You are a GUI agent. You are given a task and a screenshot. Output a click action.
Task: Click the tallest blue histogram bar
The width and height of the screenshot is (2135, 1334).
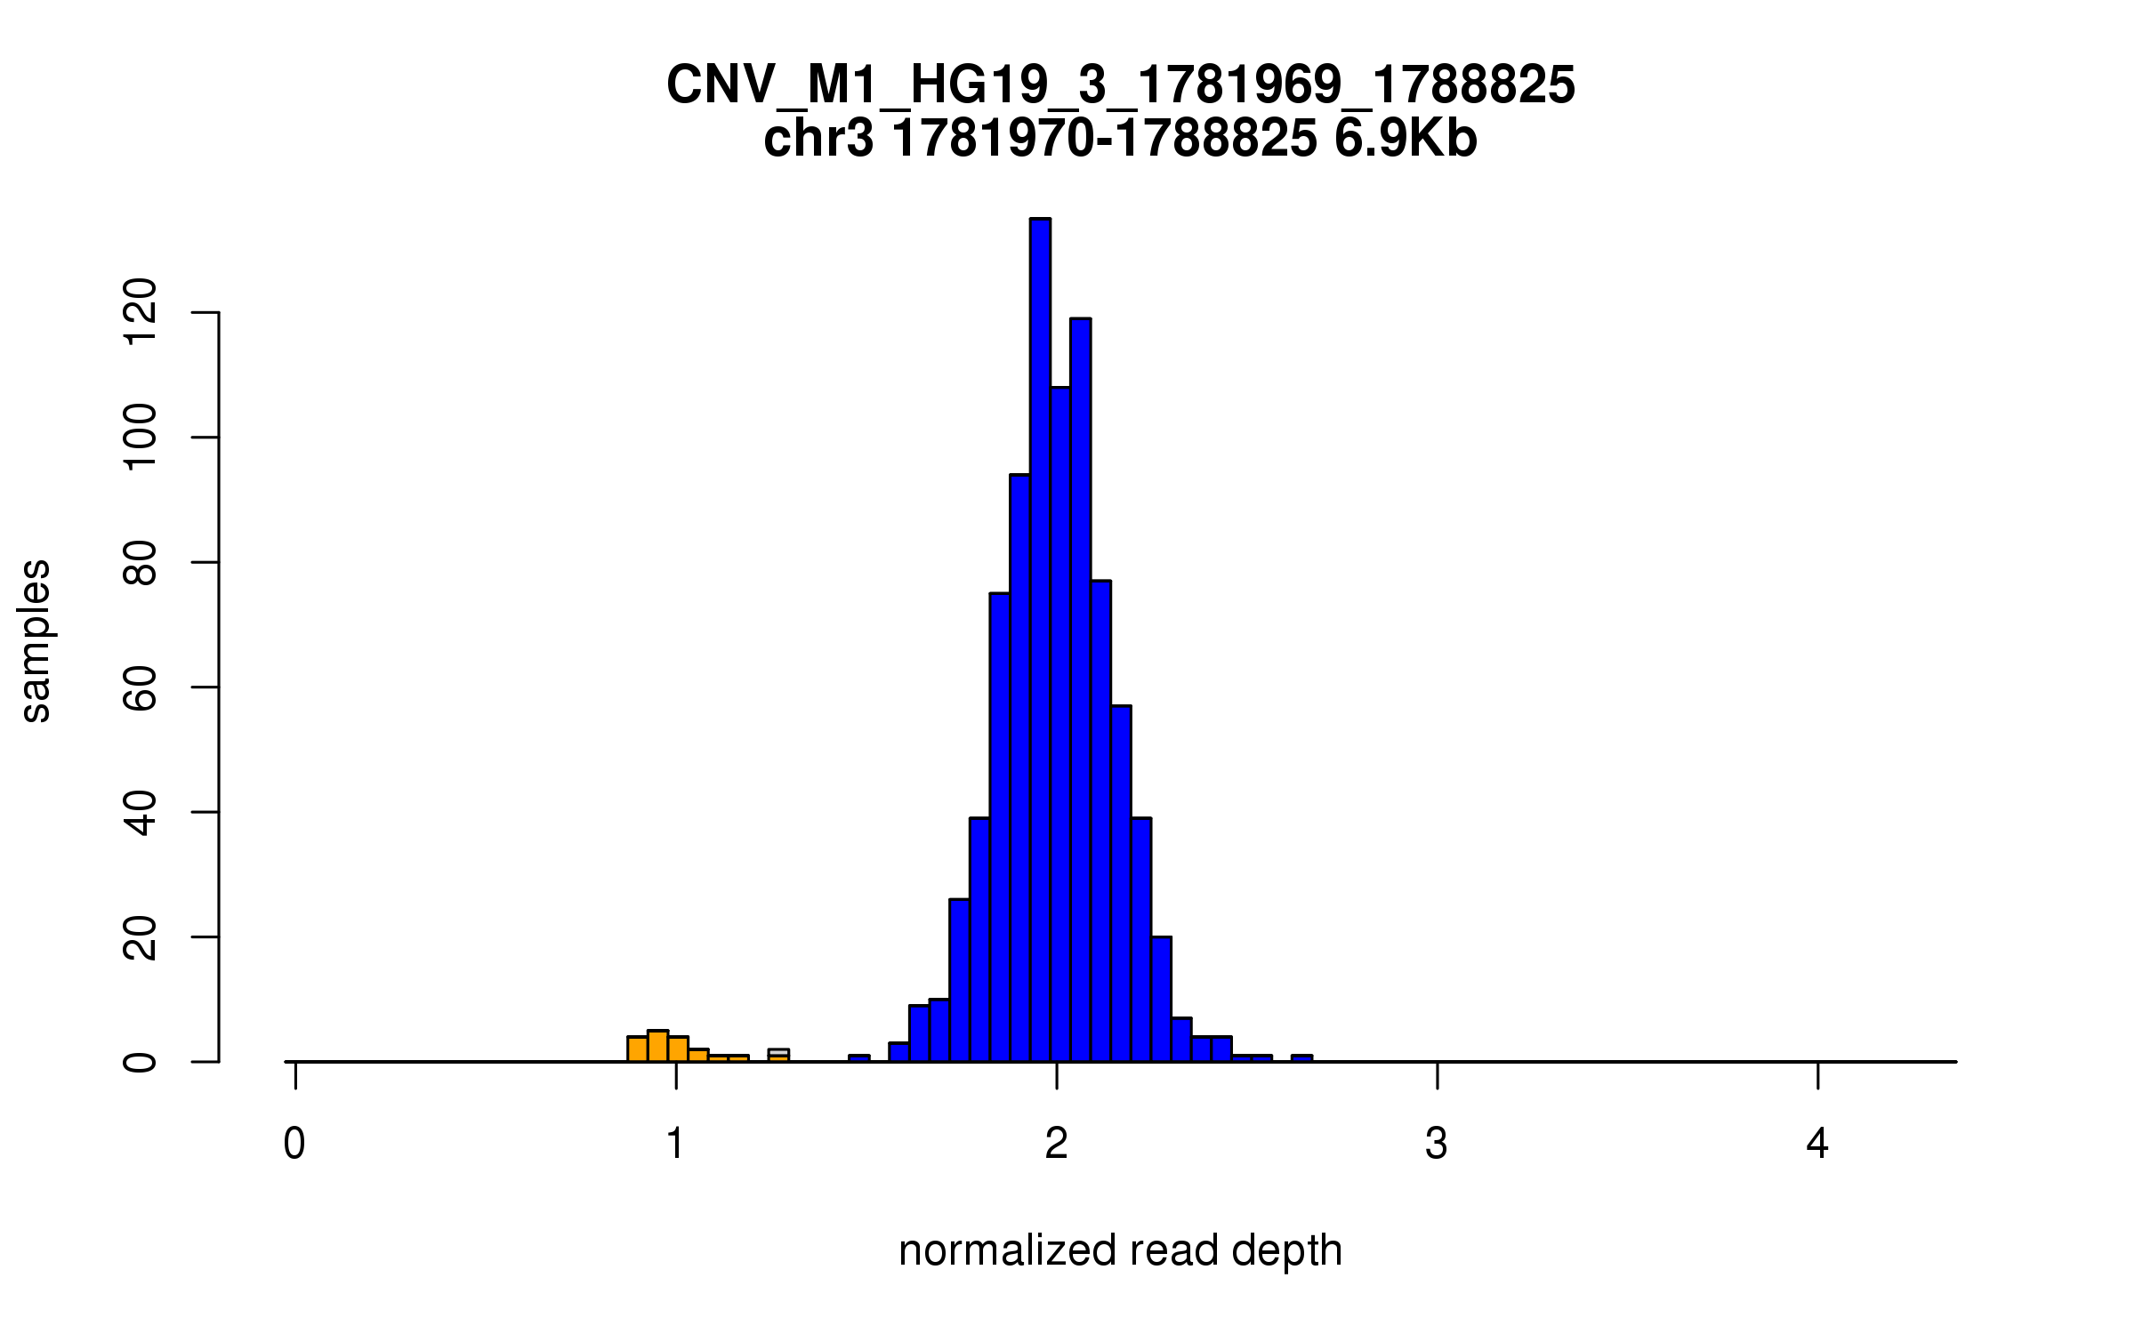1040,640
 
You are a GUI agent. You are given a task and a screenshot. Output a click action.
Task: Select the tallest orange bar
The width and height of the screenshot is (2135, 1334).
657,1047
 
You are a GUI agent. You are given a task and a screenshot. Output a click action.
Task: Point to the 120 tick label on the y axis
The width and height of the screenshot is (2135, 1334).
141,312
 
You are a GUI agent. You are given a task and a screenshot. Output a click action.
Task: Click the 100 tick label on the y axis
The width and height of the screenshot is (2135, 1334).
141,437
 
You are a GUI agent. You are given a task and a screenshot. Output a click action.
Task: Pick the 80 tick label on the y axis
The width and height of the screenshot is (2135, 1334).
141,562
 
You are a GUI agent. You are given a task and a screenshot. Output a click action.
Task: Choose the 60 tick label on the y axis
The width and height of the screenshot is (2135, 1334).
141,687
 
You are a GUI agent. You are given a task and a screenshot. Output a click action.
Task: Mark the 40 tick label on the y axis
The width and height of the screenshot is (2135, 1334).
141,812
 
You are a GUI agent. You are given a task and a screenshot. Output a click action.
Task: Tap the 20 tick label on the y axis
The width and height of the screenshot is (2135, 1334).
141,937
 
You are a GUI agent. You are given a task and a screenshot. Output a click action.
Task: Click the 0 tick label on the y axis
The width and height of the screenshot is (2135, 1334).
141,1062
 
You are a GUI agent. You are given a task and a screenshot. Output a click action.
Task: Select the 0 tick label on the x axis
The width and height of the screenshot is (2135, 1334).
294,1144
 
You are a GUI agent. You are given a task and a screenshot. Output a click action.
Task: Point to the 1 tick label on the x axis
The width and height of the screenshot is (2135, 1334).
675,1144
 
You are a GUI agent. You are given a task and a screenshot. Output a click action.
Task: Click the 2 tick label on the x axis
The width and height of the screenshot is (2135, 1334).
1056,1144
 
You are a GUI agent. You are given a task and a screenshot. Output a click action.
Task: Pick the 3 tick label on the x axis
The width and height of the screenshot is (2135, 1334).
1437,1144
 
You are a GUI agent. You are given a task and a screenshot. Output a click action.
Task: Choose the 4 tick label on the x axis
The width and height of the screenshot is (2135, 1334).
1817,1144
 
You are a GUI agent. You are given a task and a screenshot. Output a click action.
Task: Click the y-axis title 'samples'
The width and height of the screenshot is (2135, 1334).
36,640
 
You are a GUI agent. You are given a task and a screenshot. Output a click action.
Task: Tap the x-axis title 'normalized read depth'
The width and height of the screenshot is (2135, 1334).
1120,1250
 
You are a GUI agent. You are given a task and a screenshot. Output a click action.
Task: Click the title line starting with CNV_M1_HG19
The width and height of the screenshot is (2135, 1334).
1121,85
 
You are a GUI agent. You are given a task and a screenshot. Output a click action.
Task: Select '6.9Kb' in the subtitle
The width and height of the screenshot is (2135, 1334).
1406,139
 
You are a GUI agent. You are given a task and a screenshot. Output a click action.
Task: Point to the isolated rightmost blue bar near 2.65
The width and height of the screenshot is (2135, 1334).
1301,1058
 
